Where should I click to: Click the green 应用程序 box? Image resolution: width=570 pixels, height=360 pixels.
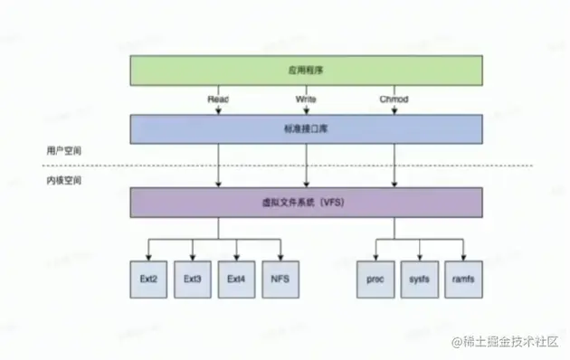pos(305,70)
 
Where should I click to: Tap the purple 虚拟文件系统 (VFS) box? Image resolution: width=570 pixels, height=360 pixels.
pos(305,202)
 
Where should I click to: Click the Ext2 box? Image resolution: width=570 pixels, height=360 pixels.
pos(148,279)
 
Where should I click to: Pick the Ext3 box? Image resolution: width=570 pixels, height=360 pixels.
pos(192,279)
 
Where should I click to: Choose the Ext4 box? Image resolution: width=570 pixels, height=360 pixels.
pos(236,279)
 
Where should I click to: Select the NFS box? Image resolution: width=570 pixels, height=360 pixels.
pos(280,279)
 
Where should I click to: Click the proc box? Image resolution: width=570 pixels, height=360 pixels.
pos(375,279)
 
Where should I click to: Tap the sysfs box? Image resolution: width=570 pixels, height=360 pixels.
pos(419,279)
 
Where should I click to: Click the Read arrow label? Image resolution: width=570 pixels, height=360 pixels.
pos(218,98)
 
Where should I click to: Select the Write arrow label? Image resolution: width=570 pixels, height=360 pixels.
pos(306,98)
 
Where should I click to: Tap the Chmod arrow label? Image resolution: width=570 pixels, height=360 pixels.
pos(394,98)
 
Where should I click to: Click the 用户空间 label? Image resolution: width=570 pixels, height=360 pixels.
pos(64,150)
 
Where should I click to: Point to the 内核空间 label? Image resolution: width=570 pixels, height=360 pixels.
pos(64,181)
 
